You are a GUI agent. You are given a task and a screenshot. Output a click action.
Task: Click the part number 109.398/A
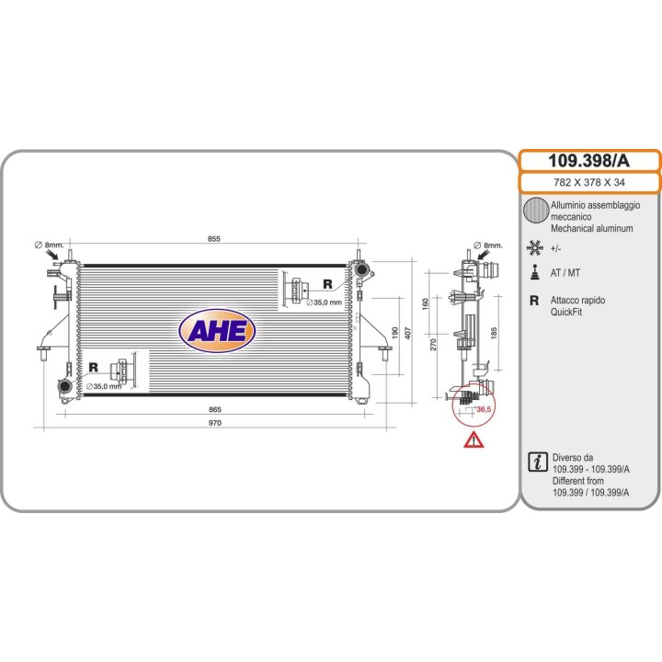[x=588, y=161]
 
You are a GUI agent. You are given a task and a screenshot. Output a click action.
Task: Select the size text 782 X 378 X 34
[x=589, y=182]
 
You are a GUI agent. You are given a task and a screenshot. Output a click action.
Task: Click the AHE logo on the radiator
[x=217, y=331]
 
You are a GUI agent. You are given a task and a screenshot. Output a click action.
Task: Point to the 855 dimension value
[x=214, y=238]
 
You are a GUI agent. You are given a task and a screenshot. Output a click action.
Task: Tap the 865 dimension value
[x=215, y=409]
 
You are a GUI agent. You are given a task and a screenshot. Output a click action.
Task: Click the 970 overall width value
[x=215, y=423]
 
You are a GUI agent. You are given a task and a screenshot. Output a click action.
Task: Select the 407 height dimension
[x=408, y=333]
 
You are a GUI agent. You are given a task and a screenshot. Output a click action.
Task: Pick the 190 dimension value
[x=395, y=333]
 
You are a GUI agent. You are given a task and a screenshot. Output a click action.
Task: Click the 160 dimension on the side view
[x=425, y=304]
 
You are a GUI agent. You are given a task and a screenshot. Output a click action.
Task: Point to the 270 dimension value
[x=433, y=345]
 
